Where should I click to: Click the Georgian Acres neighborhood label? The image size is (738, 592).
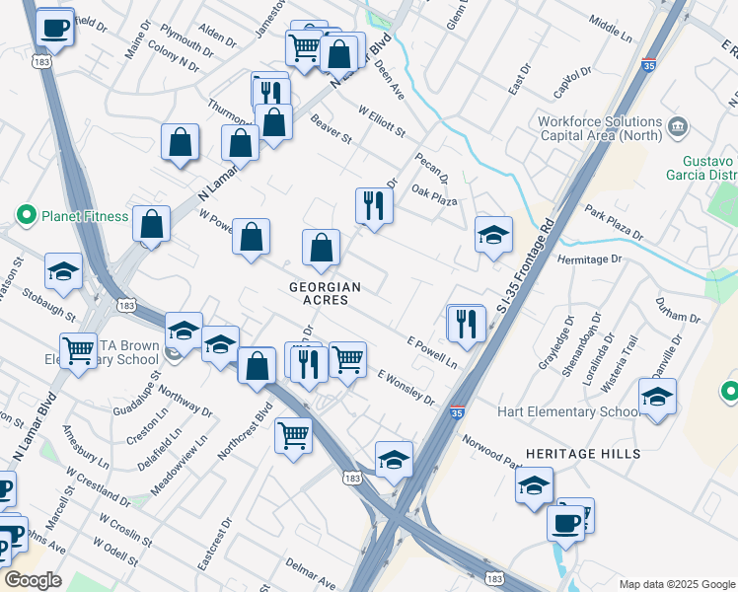pos(325,293)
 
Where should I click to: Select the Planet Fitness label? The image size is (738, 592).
pos(84,216)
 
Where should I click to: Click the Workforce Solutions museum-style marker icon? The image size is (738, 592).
pos(677,125)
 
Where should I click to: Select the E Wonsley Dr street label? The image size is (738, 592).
pos(406,387)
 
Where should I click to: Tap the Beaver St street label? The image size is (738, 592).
pos(331,130)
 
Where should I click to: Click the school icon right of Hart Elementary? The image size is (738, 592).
pos(657,397)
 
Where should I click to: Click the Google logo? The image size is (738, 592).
pos(33,580)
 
